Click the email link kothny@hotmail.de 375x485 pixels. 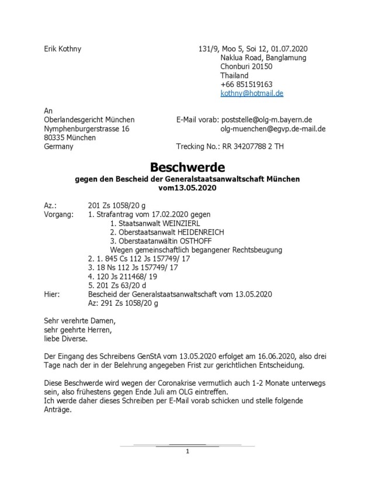pos(252,93)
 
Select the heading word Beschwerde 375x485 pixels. pos(186,166)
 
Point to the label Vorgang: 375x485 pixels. pos(59,214)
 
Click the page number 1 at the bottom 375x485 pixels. pos(187,452)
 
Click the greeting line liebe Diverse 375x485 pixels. pos(66,338)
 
